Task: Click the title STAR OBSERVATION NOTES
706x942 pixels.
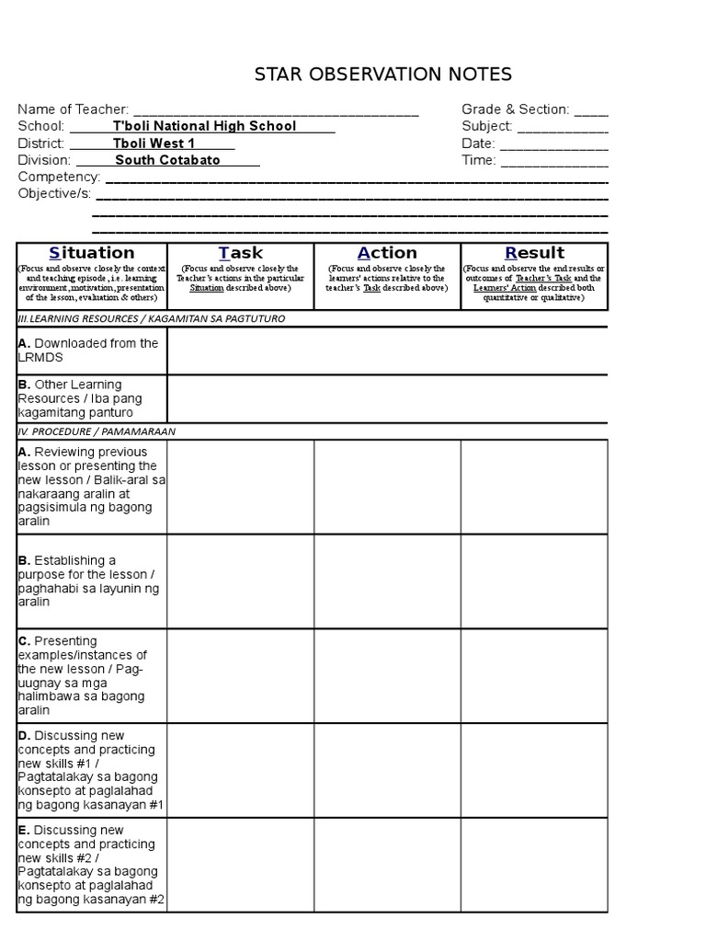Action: pyautogui.click(x=383, y=75)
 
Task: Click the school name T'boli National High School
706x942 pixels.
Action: pyautogui.click(x=204, y=126)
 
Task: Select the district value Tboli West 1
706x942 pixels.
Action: pyautogui.click(x=154, y=144)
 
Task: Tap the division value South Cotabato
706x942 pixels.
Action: pyautogui.click(x=167, y=160)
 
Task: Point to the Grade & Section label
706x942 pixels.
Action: pyautogui.click(x=516, y=109)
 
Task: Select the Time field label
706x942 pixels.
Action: pyautogui.click(x=478, y=160)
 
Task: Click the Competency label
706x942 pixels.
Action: pyautogui.click(x=59, y=177)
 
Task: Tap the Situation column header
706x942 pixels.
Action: pyautogui.click(x=92, y=253)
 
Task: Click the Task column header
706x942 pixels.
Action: pyautogui.click(x=241, y=253)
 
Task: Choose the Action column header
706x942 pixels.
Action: pyautogui.click(x=387, y=253)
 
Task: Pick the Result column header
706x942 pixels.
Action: pyautogui.click(x=534, y=253)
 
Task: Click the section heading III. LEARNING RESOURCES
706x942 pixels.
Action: pyautogui.click(x=152, y=318)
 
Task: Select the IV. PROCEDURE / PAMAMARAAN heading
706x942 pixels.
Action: pyautogui.click(x=97, y=431)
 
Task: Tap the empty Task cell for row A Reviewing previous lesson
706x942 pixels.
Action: pyautogui.click(x=241, y=487)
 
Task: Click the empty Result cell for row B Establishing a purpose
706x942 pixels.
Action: pyautogui.click(x=534, y=581)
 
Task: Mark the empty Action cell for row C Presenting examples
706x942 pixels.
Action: pyautogui.click(x=387, y=676)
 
